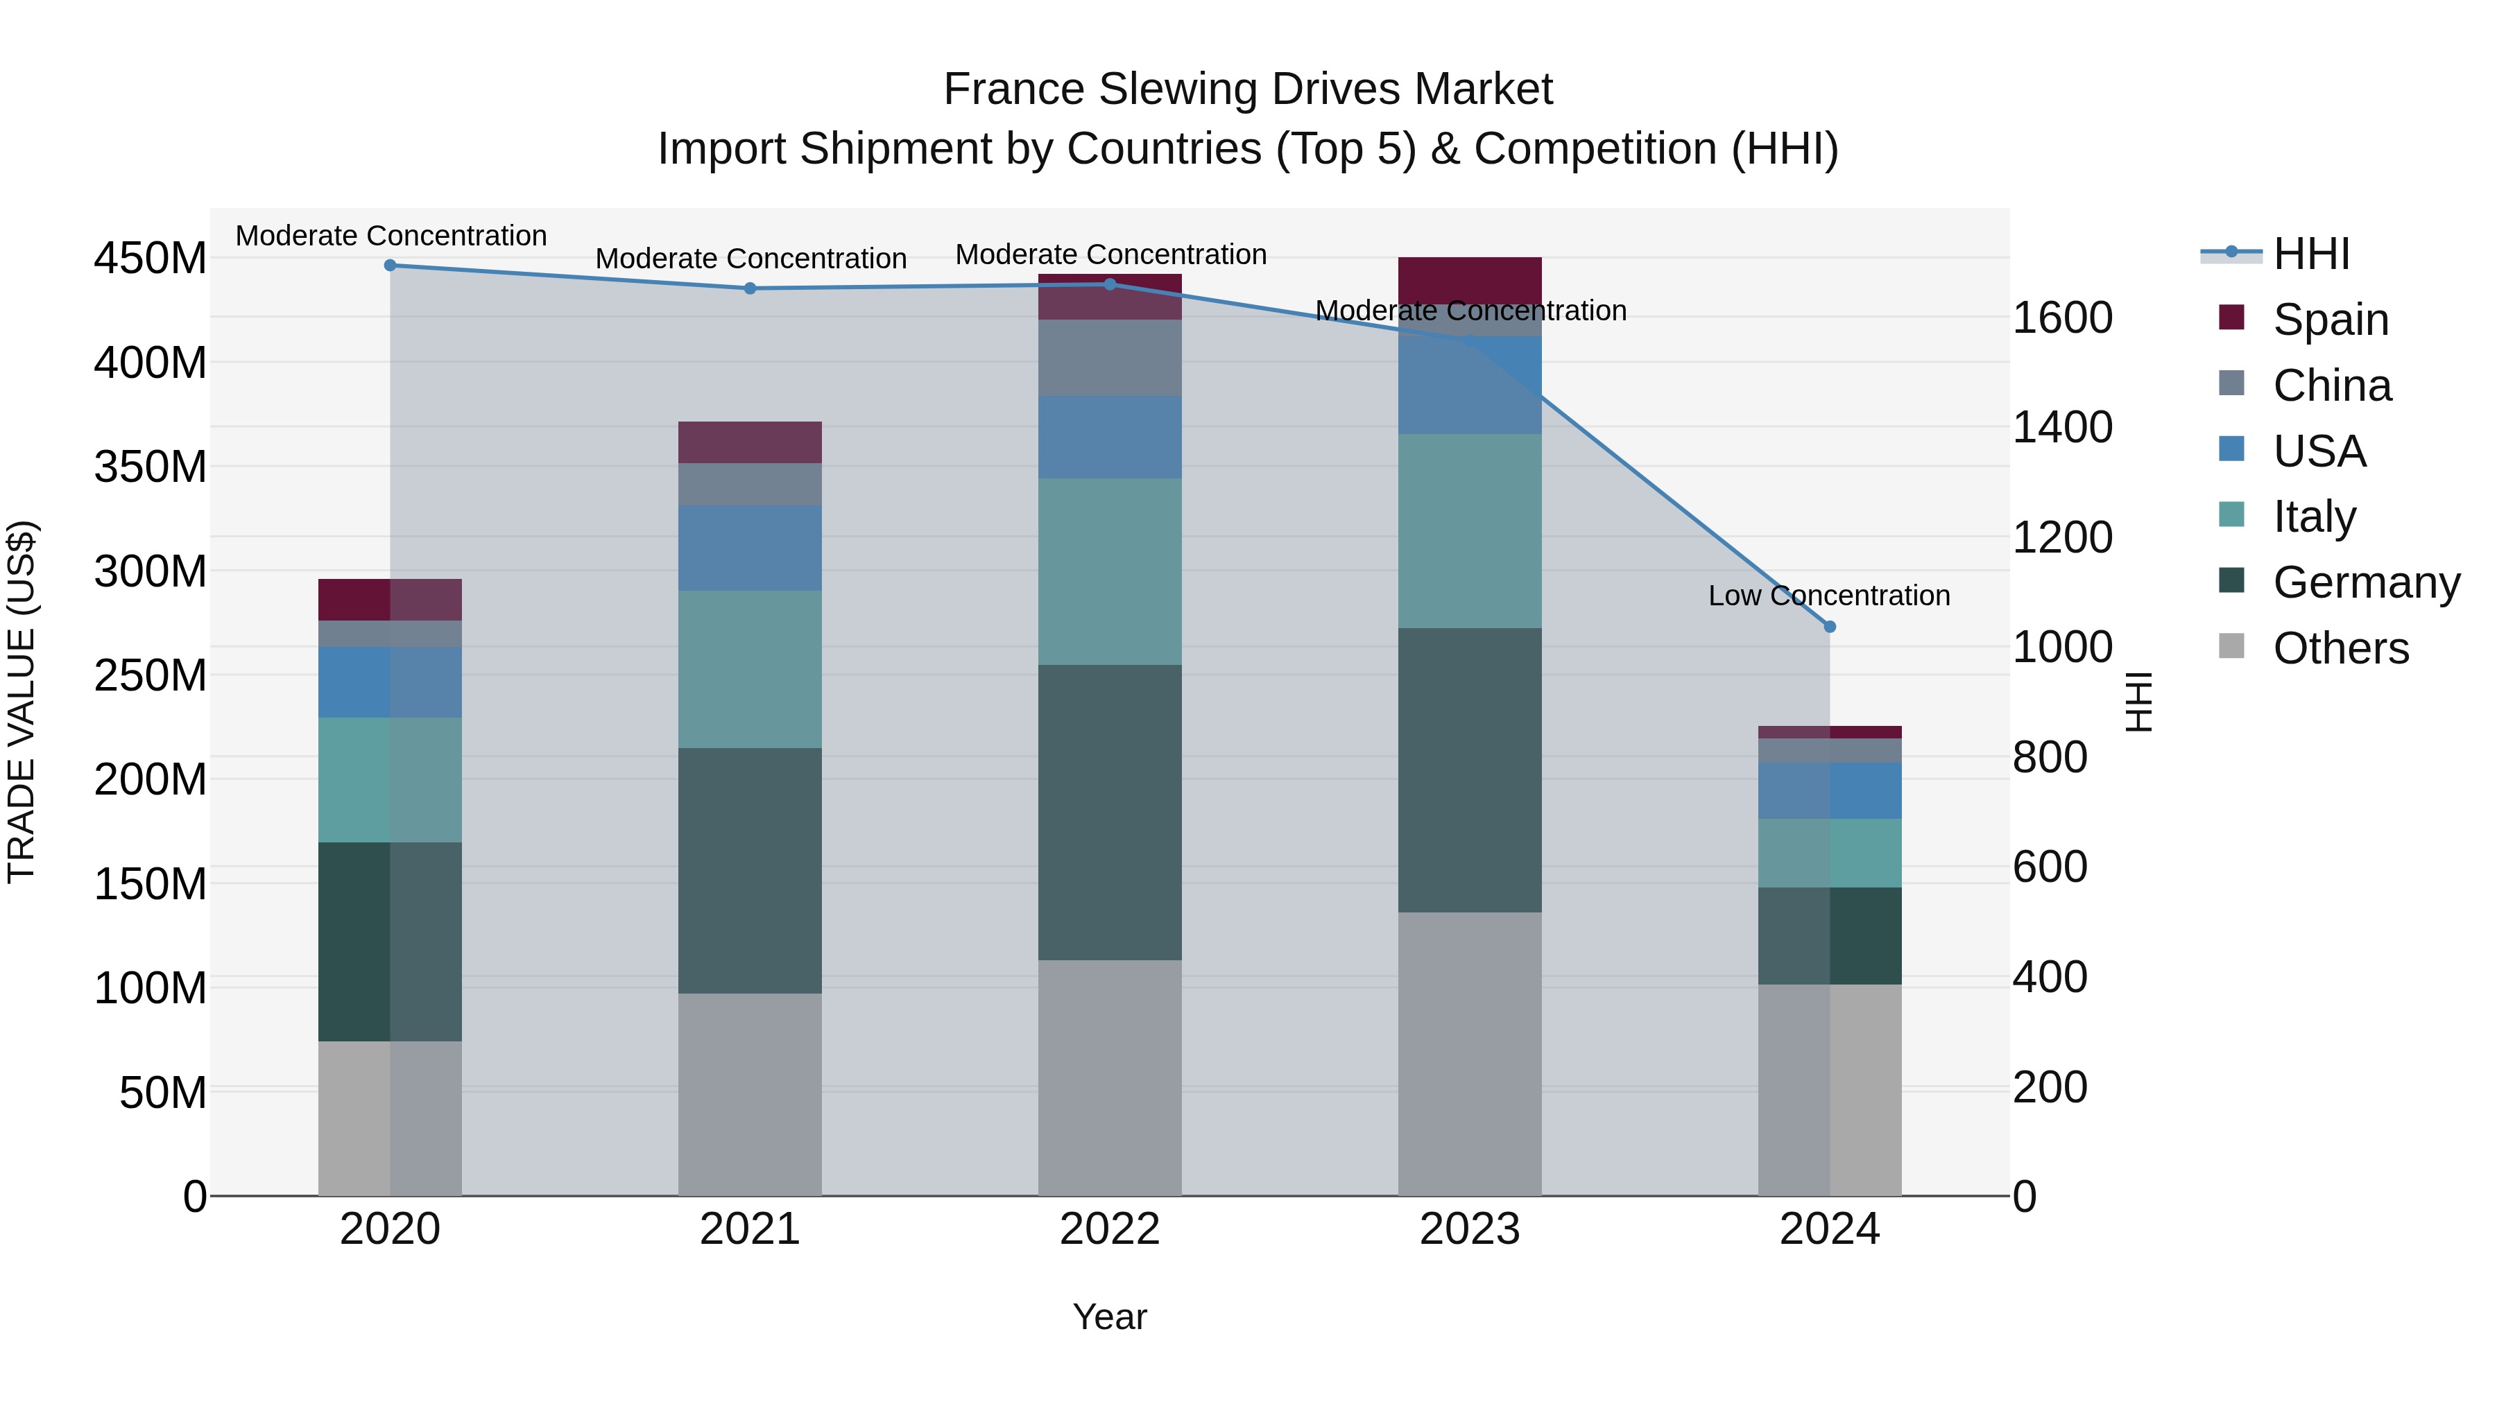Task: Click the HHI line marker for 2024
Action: (x=1829, y=627)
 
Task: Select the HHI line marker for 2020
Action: (x=390, y=265)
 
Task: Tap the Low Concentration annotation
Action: (x=1828, y=595)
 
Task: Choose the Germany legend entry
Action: (x=2365, y=582)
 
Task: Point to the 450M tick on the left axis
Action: (x=151, y=259)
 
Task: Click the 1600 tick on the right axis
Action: (x=2063, y=318)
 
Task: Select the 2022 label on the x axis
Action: (x=1109, y=1229)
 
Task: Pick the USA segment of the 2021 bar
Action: (x=749, y=548)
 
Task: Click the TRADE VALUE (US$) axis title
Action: (x=22, y=702)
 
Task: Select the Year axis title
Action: (x=1109, y=1317)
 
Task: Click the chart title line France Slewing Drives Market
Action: (x=1248, y=89)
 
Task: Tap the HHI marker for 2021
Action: (x=749, y=288)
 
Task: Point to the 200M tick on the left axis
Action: (x=151, y=779)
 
